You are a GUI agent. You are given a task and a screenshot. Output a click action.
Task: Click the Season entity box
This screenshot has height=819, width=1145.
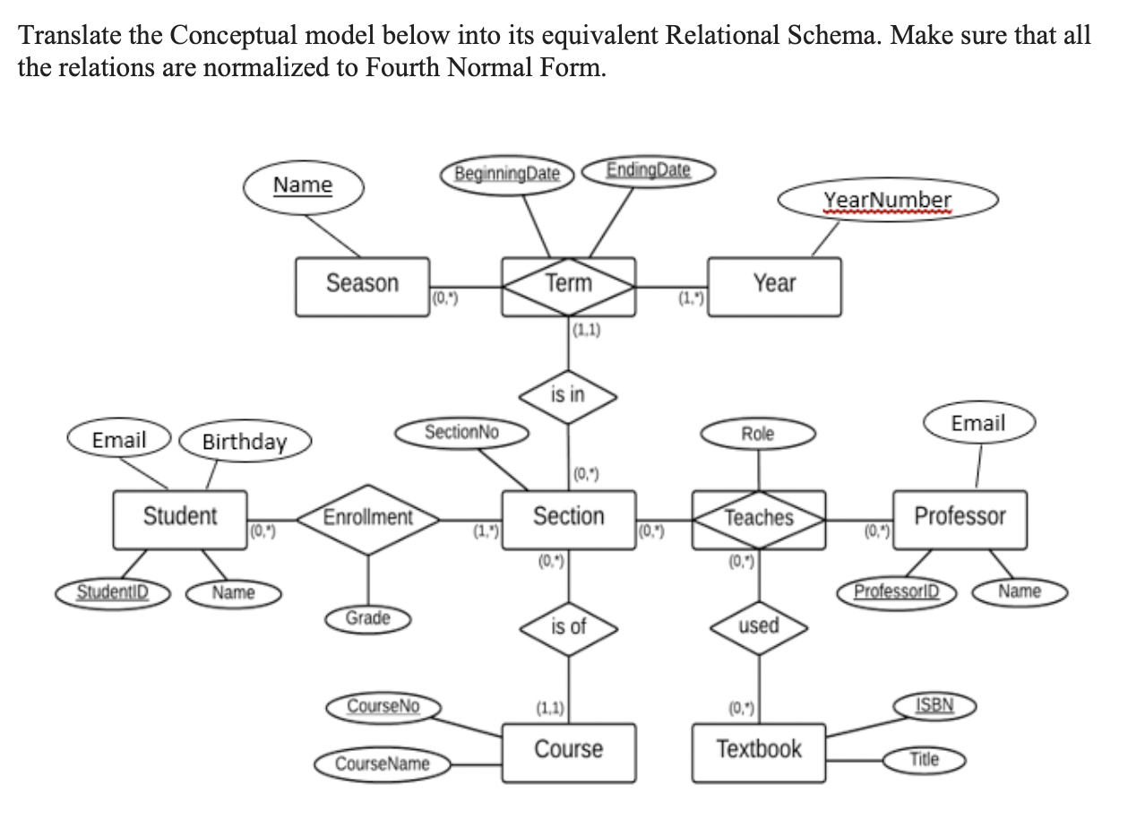[x=362, y=286]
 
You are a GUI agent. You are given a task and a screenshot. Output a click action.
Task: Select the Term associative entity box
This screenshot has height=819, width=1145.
[x=569, y=286]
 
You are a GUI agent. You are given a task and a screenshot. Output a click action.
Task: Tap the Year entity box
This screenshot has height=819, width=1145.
[x=774, y=286]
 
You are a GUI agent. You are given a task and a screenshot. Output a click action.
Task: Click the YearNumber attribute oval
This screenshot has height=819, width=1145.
[x=887, y=201]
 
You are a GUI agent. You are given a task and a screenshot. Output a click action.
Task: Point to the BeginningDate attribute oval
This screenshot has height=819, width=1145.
[x=507, y=173]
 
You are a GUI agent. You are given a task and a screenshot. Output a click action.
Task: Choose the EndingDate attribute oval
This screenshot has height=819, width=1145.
[x=649, y=170]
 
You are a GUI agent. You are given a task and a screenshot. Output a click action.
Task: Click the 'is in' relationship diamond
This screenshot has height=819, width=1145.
[x=568, y=395]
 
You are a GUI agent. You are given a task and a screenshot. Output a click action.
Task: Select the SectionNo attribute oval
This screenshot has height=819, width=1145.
[x=462, y=433]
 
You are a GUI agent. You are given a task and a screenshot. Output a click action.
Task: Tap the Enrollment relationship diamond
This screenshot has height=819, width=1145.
[x=367, y=518]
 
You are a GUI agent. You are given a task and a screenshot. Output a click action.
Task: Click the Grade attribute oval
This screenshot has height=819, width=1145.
[x=367, y=618]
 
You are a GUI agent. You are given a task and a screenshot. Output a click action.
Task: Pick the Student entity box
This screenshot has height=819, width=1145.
[x=179, y=518]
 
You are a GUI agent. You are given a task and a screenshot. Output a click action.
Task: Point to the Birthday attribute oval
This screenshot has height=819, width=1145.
[x=245, y=442]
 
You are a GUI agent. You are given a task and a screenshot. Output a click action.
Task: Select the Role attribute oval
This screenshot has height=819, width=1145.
[x=758, y=435]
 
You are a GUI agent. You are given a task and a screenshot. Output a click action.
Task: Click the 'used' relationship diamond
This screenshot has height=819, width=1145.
[x=759, y=626]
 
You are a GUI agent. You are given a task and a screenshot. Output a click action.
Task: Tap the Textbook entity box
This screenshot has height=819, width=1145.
[x=759, y=750]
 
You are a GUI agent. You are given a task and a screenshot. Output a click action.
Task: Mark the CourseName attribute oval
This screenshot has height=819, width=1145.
[x=382, y=764]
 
